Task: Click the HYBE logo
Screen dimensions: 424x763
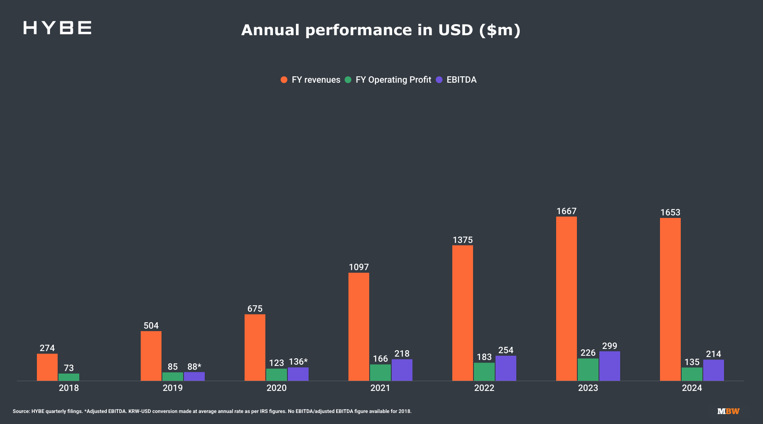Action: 57,28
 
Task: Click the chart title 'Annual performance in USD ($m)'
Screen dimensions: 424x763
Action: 381,30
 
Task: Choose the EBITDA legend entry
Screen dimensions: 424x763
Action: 457,80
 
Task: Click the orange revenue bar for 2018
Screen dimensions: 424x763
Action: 47,367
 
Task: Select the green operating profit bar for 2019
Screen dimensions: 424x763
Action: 173,377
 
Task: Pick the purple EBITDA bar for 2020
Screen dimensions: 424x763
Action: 298,374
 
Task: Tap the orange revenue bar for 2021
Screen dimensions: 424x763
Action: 359,326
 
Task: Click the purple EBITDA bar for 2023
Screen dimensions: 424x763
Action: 610,366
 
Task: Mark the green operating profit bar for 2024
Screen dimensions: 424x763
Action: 692,374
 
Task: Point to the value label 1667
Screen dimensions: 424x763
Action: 566,211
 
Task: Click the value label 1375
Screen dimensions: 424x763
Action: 462,240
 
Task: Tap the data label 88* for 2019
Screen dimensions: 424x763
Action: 194,367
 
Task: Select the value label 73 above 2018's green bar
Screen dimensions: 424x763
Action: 69,368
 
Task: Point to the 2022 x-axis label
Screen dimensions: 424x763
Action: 484,388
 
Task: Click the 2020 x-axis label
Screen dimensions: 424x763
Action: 276,388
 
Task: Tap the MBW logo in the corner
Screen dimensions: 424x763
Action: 728,411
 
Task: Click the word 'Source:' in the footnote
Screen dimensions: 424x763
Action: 21,411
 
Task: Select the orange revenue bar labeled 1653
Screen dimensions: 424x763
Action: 670,299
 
